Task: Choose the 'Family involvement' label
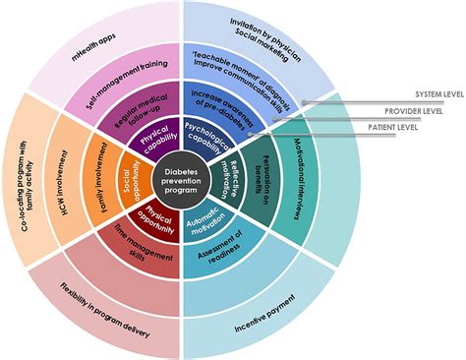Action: tap(100, 177)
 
